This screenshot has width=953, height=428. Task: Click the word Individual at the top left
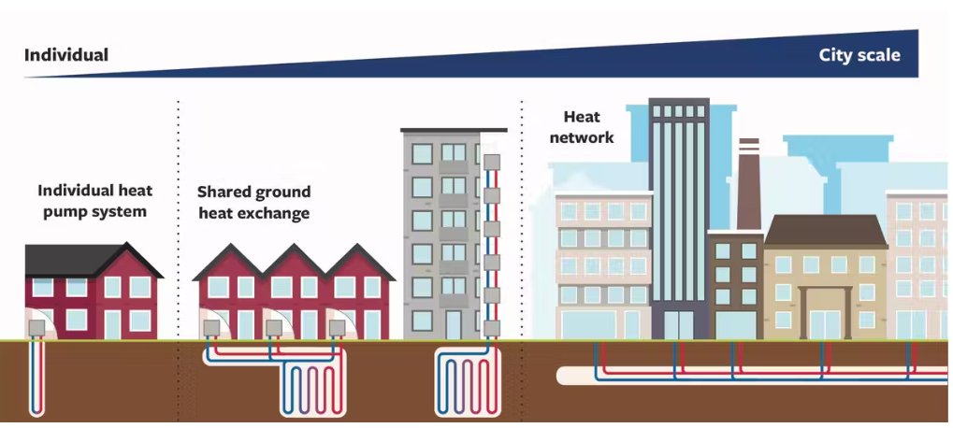coord(66,55)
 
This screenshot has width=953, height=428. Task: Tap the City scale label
coord(859,55)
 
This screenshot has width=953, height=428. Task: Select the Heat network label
coord(582,127)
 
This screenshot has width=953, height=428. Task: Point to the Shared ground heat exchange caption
coord(254,202)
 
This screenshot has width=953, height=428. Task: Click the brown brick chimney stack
coord(749,184)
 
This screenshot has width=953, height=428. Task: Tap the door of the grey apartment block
coord(454,325)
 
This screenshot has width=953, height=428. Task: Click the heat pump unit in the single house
coord(36,328)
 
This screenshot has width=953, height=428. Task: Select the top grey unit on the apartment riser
coord(492,162)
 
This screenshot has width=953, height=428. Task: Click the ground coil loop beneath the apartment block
coord(468,382)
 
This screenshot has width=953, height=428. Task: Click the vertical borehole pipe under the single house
coord(36,377)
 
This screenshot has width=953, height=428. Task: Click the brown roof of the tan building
coord(826,231)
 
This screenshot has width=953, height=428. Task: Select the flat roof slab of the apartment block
coord(454,130)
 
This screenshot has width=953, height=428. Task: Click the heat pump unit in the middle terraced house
coord(274,328)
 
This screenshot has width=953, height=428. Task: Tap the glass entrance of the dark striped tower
coord(680,325)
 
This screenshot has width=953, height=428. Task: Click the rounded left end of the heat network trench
coord(563,376)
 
